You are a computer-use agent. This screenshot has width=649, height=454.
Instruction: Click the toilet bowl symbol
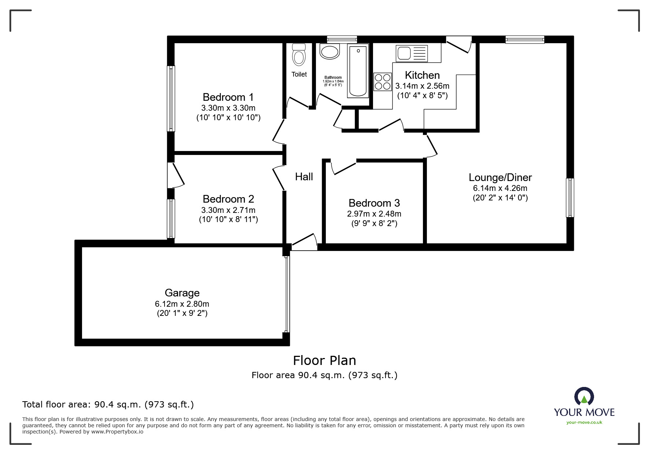[x=299, y=55]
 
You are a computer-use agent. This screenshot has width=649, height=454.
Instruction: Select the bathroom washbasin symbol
[x=330, y=51]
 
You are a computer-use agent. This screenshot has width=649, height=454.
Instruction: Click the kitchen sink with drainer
[x=412, y=53]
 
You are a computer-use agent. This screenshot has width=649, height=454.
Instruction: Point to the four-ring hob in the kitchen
[x=383, y=82]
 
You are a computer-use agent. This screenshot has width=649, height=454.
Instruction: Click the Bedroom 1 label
[x=228, y=97]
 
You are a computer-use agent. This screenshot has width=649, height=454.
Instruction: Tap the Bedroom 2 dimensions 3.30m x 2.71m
[x=228, y=210]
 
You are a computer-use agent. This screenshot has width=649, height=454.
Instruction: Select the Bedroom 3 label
[x=374, y=203]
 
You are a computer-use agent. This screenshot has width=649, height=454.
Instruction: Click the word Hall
[x=304, y=177]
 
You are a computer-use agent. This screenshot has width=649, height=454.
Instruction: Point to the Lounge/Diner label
[x=500, y=177]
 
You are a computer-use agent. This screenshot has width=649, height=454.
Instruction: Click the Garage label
[x=182, y=293]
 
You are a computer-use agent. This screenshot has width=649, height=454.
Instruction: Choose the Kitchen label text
[x=422, y=75]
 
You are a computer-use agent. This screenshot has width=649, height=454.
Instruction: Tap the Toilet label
[x=299, y=74]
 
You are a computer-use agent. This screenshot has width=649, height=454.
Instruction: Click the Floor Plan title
[x=325, y=361]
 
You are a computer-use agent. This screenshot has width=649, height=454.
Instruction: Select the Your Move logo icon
[x=584, y=396]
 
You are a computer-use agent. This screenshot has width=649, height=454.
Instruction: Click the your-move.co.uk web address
[x=584, y=422]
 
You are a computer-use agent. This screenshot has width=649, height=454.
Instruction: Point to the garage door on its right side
[x=288, y=294]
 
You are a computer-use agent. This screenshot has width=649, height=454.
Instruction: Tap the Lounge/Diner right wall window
[x=570, y=198]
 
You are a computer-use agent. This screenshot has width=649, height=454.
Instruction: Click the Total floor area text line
[x=108, y=405]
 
